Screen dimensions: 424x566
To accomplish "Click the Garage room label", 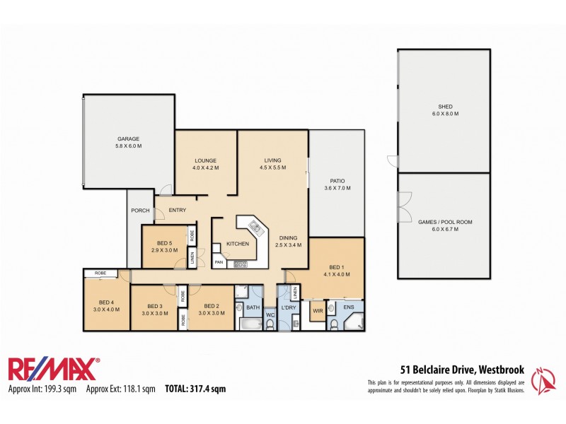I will click(128, 142).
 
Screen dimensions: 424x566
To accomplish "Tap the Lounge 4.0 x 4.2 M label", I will click(205, 164).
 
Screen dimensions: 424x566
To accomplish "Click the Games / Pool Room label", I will click(444, 225).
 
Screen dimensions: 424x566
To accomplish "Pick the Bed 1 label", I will click(337, 270).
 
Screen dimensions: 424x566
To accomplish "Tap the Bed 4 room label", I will click(106, 305).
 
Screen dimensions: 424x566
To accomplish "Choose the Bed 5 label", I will click(163, 245).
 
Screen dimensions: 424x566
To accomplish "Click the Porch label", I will click(139, 211).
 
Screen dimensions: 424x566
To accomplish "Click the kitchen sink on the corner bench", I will click(255, 228).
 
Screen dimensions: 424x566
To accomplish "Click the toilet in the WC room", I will click(270, 324).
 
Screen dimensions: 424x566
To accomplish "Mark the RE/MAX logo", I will click(54, 370).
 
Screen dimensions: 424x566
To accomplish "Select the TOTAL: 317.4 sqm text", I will click(195, 388).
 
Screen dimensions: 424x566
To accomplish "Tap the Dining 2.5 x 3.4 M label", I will click(289, 242).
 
